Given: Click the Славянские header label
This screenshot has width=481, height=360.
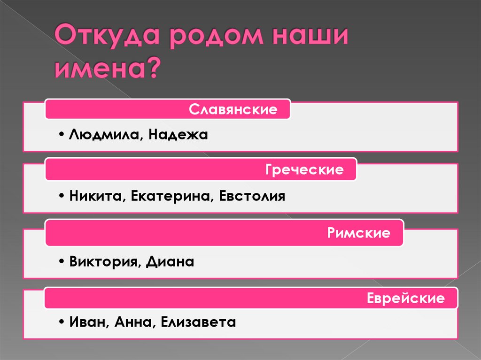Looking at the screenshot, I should tap(233, 110).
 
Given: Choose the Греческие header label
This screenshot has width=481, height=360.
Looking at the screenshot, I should tap(304, 169).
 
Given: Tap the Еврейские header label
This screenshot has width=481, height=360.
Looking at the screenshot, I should tap(405, 299).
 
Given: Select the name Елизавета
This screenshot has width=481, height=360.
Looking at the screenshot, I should tap(198, 322).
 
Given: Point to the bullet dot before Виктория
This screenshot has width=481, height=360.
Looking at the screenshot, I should tap(62, 261).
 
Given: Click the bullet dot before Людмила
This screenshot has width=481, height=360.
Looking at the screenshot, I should tap(62, 136).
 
